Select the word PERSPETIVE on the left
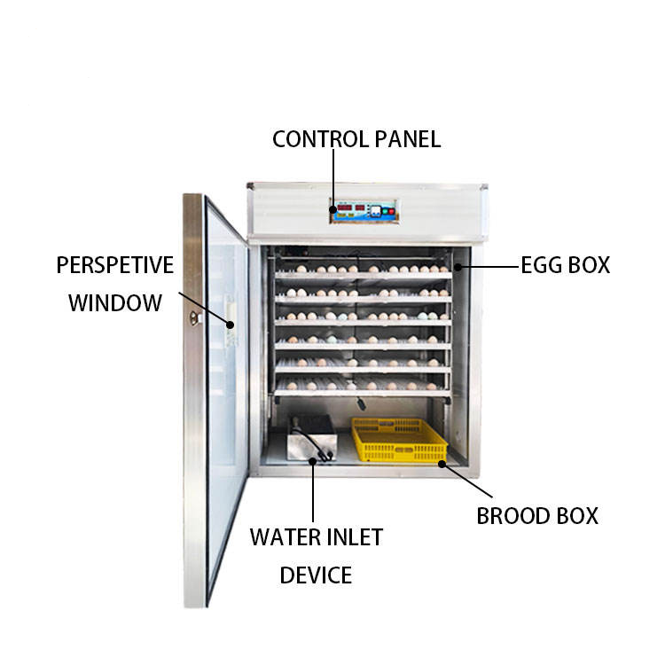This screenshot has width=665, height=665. [114, 265]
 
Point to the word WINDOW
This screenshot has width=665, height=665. [114, 303]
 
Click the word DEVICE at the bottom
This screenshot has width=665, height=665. [316, 575]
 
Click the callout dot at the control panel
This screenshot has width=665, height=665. [333, 210]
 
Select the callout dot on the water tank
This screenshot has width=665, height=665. [313, 458]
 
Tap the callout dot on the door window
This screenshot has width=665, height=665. [231, 325]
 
